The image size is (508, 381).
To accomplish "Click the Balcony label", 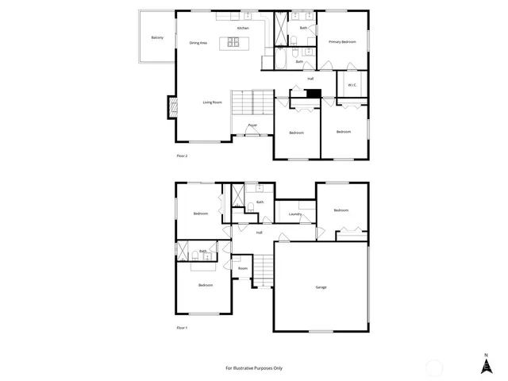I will pyautogui.click(x=157, y=37).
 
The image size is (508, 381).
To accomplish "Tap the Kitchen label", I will pyautogui.click(x=243, y=29).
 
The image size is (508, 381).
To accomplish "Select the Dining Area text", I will pyautogui.click(x=198, y=43).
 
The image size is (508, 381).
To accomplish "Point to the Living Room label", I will pyautogui.click(x=212, y=102).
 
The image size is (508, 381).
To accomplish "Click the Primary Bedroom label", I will pyautogui.click(x=343, y=41).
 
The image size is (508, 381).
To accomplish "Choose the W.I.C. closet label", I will pyautogui.click(x=352, y=85).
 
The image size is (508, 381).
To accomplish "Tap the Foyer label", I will pyautogui.click(x=252, y=125).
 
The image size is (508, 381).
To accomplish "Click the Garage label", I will pyautogui.click(x=321, y=287).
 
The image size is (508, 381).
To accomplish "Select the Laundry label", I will pyautogui.click(x=294, y=214).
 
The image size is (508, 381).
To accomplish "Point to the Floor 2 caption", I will pyautogui.click(x=182, y=156).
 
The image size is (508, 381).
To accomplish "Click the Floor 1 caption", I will pyautogui.click(x=182, y=327).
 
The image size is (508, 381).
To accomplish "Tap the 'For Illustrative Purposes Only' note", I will pyautogui.click(x=254, y=368).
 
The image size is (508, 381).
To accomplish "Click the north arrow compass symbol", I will pyautogui.click(x=486, y=364).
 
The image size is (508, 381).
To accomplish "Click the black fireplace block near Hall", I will pyautogui.click(x=314, y=93).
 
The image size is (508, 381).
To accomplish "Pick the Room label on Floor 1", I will pyautogui.click(x=243, y=268).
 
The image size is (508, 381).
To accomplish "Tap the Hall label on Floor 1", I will pyautogui.click(x=259, y=233).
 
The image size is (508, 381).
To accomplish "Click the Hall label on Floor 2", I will pyautogui.click(x=310, y=79).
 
